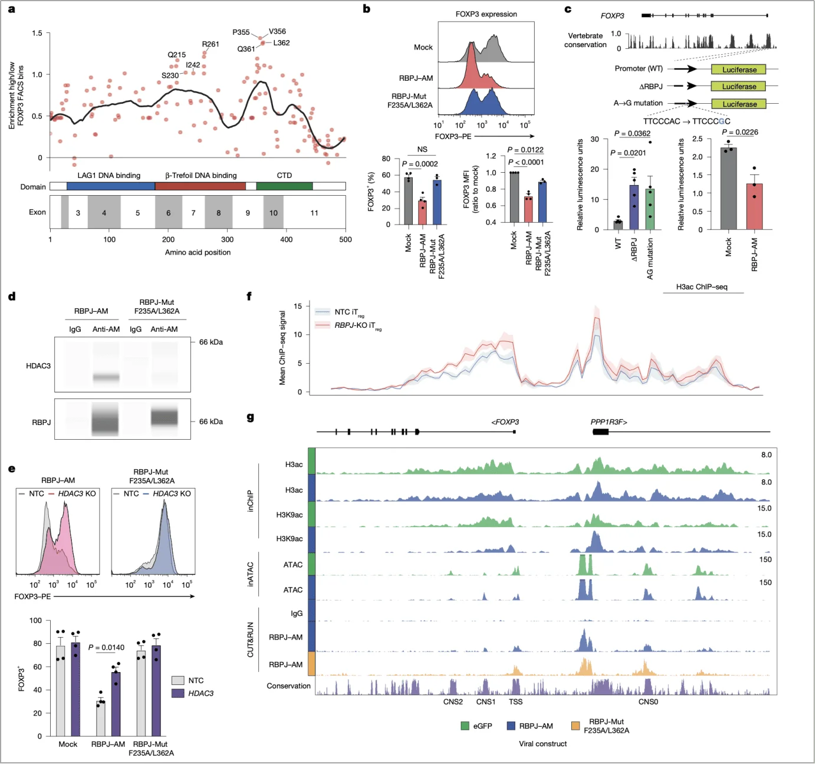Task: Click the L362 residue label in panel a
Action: pyautogui.click(x=281, y=43)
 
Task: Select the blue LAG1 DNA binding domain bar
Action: pyautogui.click(x=110, y=186)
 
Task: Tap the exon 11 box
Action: pyautogui.click(x=314, y=213)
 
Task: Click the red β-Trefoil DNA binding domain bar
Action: pyautogui.click(x=200, y=186)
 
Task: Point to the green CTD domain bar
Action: pyautogui.click(x=284, y=186)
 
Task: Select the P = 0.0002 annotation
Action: pyautogui.click(x=420, y=164)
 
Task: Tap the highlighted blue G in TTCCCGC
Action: pyautogui.click(x=721, y=121)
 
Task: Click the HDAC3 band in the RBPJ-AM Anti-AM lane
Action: pyautogui.click(x=106, y=377)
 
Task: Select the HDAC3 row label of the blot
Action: pyautogui.click(x=38, y=366)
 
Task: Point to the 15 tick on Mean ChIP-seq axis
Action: pyautogui.click(x=298, y=306)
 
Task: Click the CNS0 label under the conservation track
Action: pyautogui.click(x=648, y=702)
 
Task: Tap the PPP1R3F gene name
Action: pyautogui.click(x=608, y=422)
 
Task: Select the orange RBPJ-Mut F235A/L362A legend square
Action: pyautogui.click(x=575, y=726)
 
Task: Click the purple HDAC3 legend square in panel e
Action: pyautogui.click(x=178, y=693)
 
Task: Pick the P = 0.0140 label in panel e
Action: pyautogui.click(x=106, y=647)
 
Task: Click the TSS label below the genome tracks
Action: pyautogui.click(x=515, y=702)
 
